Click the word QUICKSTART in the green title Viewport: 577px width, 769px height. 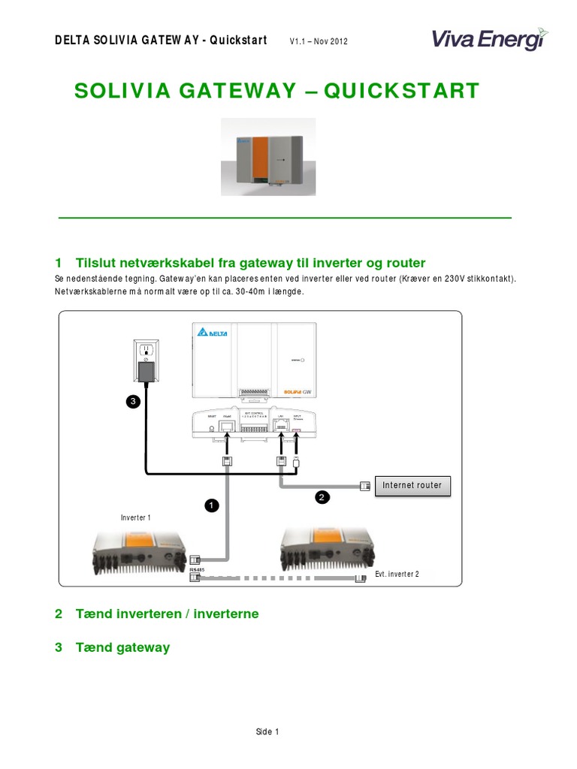(400, 91)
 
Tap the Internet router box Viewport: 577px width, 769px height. (412, 486)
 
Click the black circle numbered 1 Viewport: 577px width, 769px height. (211, 507)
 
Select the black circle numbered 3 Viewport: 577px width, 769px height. (132, 403)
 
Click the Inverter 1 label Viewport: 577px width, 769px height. (136, 517)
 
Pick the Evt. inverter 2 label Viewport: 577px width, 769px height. (397, 574)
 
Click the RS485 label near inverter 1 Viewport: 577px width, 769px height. (197, 570)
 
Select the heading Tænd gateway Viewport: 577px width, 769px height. (122, 647)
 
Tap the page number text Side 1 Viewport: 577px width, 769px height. (267, 732)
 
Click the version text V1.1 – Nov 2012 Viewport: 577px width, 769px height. (318, 41)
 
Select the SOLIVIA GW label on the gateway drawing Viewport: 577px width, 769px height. (304, 391)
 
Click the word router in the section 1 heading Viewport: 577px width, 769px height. (406, 263)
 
